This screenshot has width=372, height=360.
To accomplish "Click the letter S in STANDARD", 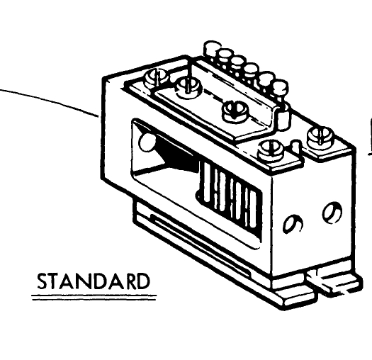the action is [x=43, y=281].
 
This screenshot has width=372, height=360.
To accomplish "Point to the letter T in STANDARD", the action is [x=55, y=281].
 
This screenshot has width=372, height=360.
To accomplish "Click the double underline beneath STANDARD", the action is [x=94, y=298].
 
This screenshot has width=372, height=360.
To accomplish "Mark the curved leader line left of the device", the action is [x=50, y=101].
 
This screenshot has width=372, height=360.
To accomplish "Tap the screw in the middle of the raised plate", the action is [x=235, y=111].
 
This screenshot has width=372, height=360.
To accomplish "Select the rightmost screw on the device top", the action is [x=320, y=136].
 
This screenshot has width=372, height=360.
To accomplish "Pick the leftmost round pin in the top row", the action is [x=212, y=48].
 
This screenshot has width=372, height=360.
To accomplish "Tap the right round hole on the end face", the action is [x=332, y=212].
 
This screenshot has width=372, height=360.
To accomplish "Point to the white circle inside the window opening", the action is [x=147, y=142].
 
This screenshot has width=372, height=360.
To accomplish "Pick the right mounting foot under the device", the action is [x=334, y=281].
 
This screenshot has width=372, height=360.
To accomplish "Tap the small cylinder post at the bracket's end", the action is [x=283, y=117].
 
